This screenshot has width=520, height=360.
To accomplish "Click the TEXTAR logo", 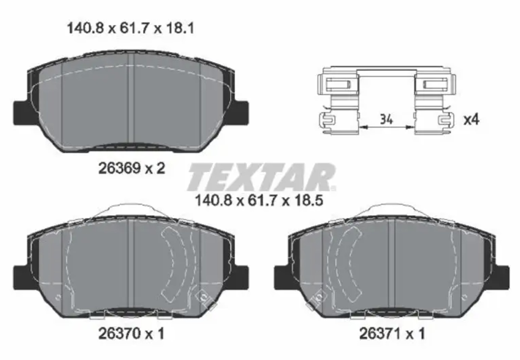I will (261, 177).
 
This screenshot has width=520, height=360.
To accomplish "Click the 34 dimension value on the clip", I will (386, 119).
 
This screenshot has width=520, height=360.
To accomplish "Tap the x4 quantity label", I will (471, 120).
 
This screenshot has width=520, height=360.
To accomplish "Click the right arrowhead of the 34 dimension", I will (410, 127).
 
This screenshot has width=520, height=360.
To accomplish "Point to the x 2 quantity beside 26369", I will (155, 168).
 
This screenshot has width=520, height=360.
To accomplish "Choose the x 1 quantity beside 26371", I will (416, 333).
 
